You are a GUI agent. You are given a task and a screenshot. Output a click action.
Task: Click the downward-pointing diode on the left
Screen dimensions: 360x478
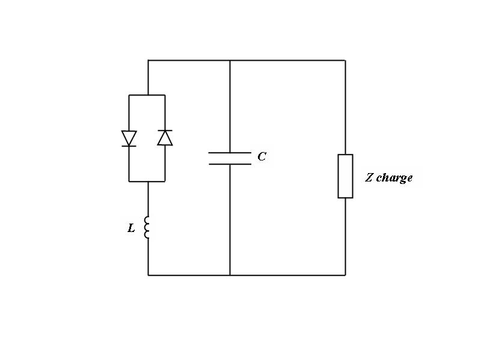[129, 139]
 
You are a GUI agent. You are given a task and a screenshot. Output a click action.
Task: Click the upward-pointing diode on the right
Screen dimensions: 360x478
[165, 138]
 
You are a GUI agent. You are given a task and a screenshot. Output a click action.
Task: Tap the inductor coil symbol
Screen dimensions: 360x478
[147, 227]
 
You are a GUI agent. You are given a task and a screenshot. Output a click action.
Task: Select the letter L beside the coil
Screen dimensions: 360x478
[132, 228]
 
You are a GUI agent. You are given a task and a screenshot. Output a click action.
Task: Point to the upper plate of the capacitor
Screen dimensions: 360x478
[230, 153]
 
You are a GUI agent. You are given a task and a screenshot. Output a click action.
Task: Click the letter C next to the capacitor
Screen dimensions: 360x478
[262, 157]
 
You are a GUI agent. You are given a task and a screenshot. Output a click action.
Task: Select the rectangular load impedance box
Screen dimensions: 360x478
[345, 176]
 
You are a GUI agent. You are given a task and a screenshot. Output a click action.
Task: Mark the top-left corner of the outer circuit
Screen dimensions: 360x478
[148, 60]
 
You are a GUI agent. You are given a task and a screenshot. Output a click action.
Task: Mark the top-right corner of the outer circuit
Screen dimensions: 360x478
[345, 60]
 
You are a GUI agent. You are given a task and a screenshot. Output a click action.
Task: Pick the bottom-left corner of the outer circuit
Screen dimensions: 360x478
[148, 275]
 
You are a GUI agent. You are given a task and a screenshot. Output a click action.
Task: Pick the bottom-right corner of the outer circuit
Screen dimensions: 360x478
[345, 275]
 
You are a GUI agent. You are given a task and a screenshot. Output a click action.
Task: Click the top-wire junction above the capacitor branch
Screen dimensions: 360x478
[230, 60]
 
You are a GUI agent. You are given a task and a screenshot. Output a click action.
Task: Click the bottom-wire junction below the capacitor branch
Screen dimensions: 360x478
[230, 275]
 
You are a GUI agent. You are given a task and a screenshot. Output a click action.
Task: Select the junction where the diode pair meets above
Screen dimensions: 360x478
[148, 95]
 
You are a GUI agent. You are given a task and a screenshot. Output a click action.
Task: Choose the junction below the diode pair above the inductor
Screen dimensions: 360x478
[148, 181]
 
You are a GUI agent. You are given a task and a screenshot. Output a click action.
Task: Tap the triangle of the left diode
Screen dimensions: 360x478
[129, 137]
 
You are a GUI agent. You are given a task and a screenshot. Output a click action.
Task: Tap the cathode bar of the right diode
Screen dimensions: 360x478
[165, 130]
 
